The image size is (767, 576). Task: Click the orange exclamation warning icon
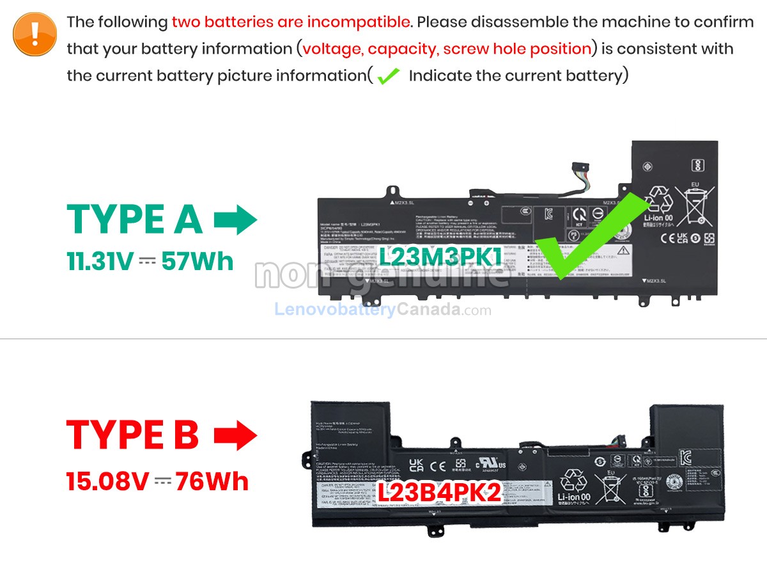pyautogui.click(x=35, y=33)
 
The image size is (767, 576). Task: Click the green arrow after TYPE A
pyautogui.click(x=235, y=220)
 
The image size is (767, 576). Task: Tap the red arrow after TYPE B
pyautogui.click(x=235, y=435)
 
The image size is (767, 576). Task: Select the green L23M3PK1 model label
pyautogui.click(x=441, y=257)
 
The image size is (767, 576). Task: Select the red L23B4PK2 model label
pyautogui.click(x=438, y=493)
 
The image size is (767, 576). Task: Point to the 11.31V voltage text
pyautogui.click(x=100, y=261)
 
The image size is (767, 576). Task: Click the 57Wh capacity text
pyautogui.click(x=198, y=261)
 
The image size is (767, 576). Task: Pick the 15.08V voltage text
pyautogui.click(x=107, y=481)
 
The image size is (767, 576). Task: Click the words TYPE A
pyautogui.click(x=134, y=220)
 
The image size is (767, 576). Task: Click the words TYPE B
pyautogui.click(x=132, y=435)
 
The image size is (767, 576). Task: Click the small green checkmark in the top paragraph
pyautogui.click(x=388, y=77)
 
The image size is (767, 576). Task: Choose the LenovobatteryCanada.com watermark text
pyautogui.click(x=383, y=310)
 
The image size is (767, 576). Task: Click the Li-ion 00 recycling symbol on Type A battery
pyautogui.click(x=657, y=205)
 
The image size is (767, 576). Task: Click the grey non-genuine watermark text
pyautogui.click(x=382, y=274)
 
